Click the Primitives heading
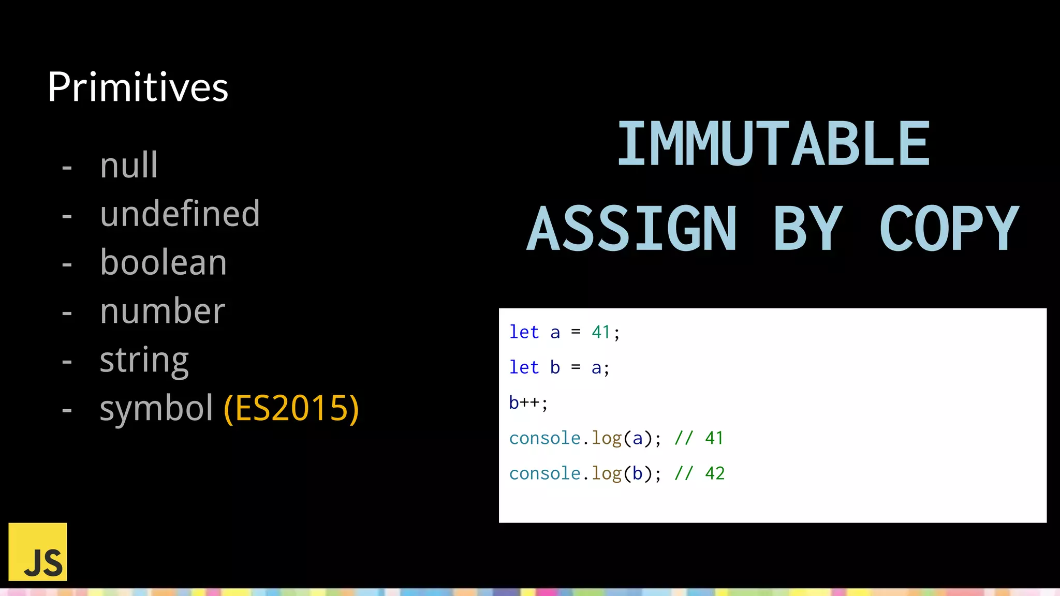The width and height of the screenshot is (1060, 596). [138, 87]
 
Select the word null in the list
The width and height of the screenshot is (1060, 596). [129, 166]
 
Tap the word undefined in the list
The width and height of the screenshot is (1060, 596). [180, 214]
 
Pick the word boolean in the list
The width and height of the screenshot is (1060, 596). [163, 262]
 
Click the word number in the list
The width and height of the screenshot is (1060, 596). [163, 311]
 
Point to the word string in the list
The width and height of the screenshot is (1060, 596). [144, 361]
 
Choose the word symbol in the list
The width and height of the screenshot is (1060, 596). [156, 408]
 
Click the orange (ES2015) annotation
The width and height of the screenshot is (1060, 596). [291, 408]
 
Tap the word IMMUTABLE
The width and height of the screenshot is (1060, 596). [773, 144]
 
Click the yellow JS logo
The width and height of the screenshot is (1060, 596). [38, 552]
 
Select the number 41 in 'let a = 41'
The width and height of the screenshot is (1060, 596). [601, 332]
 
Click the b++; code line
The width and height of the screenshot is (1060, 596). [528, 403]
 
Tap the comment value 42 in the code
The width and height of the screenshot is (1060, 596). [715, 473]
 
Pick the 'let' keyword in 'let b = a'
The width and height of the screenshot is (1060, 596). [524, 367]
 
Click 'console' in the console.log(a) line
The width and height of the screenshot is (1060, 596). [544, 438]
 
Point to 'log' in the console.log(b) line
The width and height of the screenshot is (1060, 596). [607, 473]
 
